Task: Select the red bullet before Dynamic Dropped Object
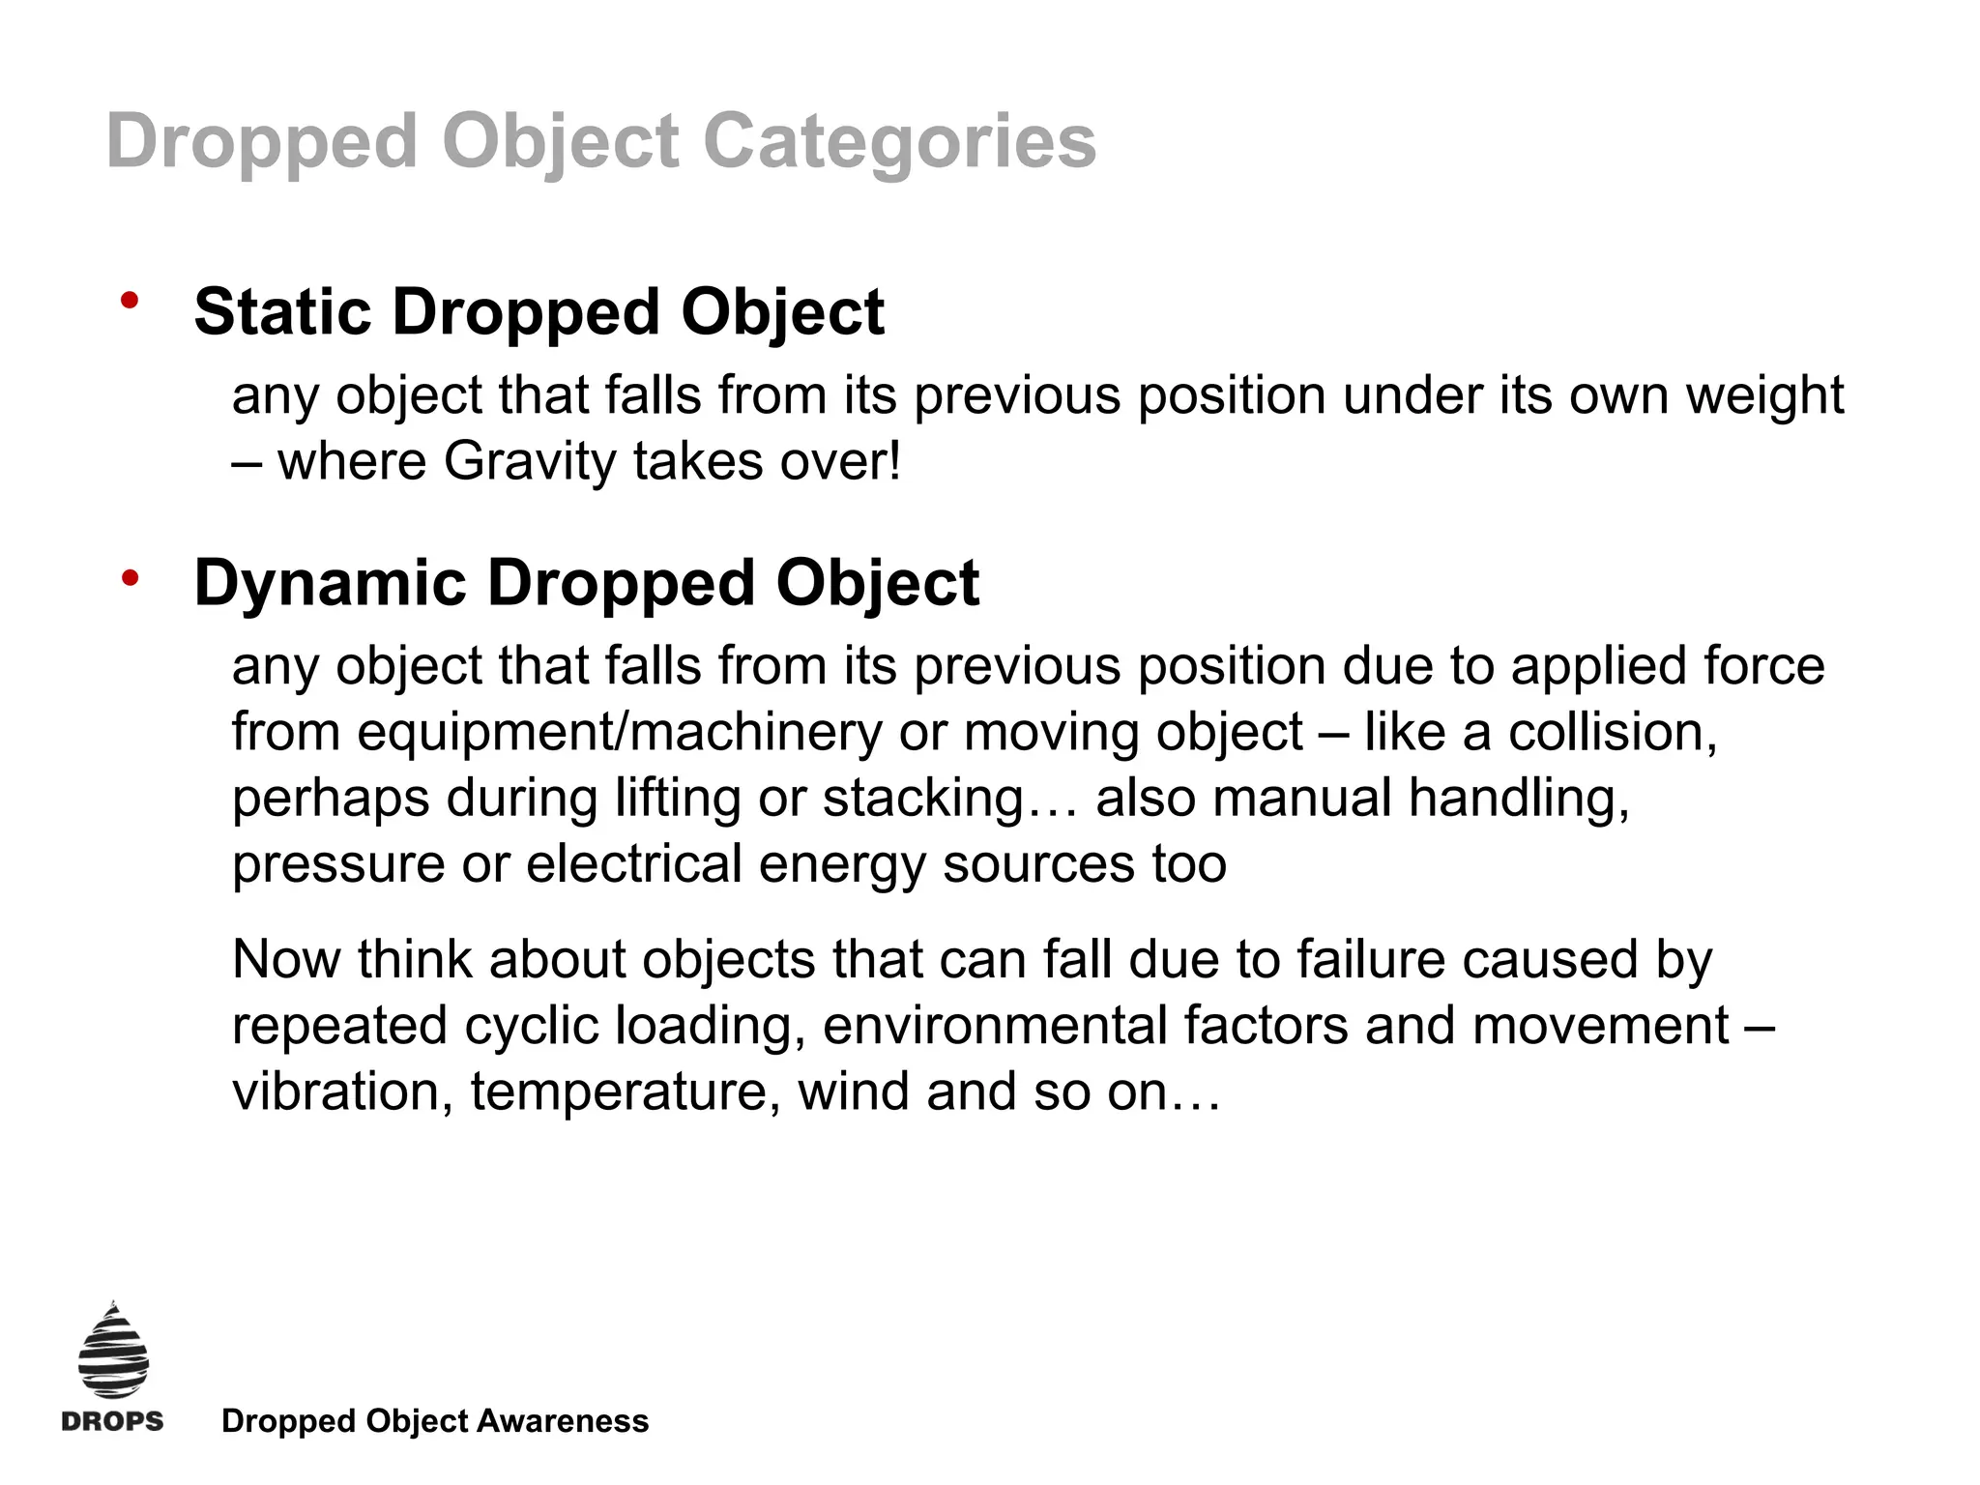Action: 130,578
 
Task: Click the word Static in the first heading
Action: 282,312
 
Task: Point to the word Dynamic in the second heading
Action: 330,583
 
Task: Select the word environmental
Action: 995,1026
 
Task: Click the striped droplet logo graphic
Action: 113,1351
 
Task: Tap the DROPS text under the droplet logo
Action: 112,1421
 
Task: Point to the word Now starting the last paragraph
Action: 286,960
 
